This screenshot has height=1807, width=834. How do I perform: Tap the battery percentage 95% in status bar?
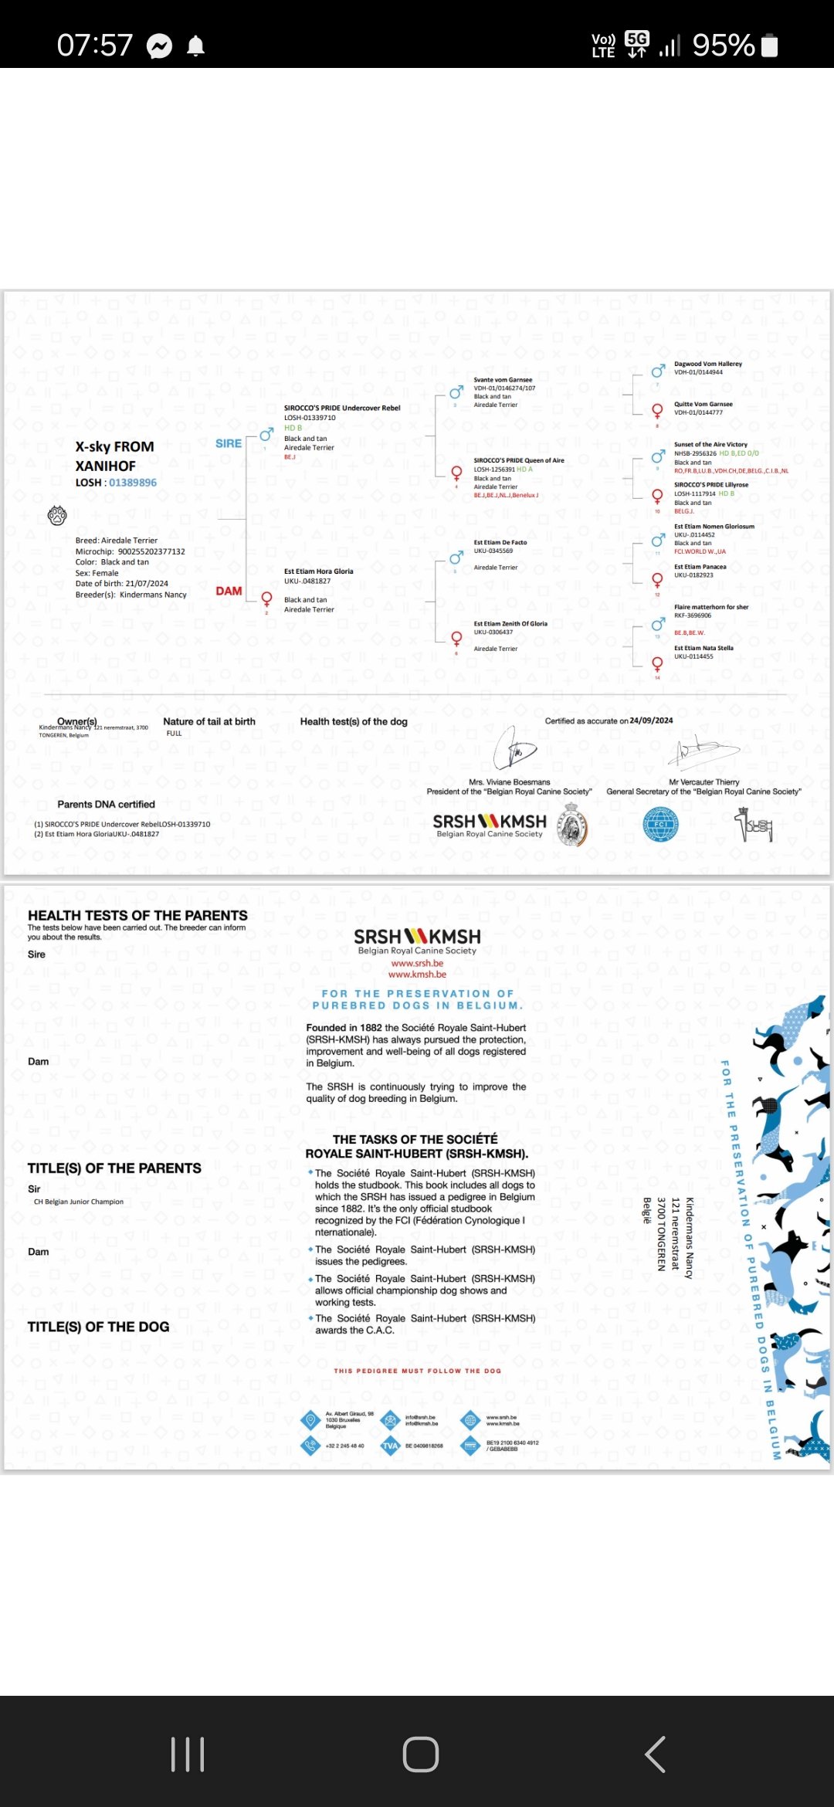click(723, 46)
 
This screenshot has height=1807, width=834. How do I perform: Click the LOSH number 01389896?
click(133, 483)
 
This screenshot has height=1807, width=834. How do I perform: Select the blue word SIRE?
click(229, 443)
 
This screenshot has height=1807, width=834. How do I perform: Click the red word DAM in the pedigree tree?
click(229, 591)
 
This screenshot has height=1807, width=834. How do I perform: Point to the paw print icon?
click(58, 515)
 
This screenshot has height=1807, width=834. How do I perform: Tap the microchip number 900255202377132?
click(151, 551)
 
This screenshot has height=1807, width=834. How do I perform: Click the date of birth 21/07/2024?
click(147, 584)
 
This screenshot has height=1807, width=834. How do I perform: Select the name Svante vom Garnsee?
click(503, 380)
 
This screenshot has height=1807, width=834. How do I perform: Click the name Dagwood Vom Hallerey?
click(707, 364)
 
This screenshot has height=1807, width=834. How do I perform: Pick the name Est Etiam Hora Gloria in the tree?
click(318, 571)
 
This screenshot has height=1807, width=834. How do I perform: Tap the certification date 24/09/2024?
click(651, 720)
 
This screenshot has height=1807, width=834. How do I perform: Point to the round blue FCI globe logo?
click(660, 824)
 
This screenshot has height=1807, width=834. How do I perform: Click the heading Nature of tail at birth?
click(209, 721)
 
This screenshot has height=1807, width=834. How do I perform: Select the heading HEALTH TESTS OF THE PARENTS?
click(137, 915)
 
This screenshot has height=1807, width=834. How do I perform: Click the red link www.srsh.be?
click(417, 963)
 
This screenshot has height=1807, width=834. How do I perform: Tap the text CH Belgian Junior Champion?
click(79, 1202)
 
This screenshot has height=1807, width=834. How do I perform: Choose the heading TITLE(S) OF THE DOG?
click(98, 1327)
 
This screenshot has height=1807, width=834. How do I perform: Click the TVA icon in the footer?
click(391, 1446)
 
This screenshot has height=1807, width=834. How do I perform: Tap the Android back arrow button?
click(655, 1754)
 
